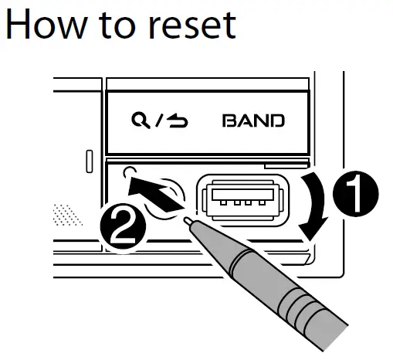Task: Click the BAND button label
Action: click(x=253, y=121)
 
